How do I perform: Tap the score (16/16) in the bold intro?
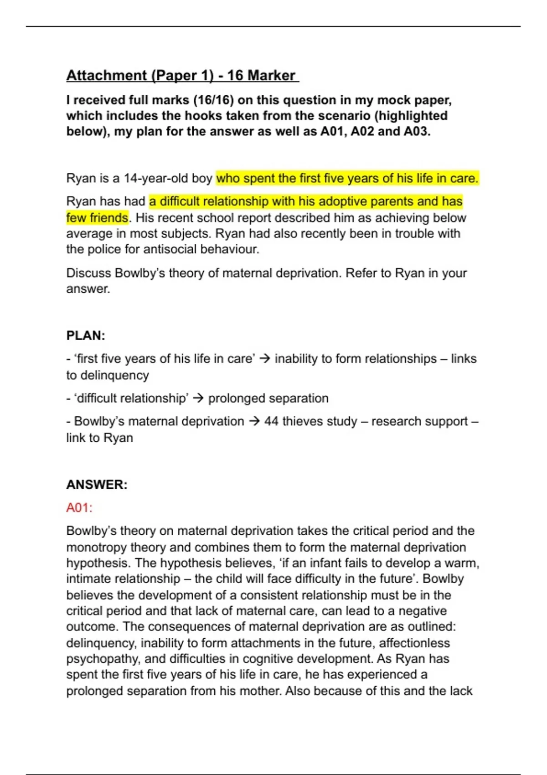click(x=213, y=100)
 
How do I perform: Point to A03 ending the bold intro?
click(x=416, y=132)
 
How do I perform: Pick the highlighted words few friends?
click(x=97, y=218)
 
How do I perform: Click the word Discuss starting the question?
click(x=89, y=273)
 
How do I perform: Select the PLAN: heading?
click(x=86, y=336)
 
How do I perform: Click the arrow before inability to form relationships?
click(x=265, y=359)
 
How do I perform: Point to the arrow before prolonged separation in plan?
click(x=198, y=398)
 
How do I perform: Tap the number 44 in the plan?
click(x=271, y=421)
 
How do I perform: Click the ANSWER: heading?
click(x=97, y=485)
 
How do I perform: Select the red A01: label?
click(x=79, y=508)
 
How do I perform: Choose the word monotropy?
click(x=97, y=547)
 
